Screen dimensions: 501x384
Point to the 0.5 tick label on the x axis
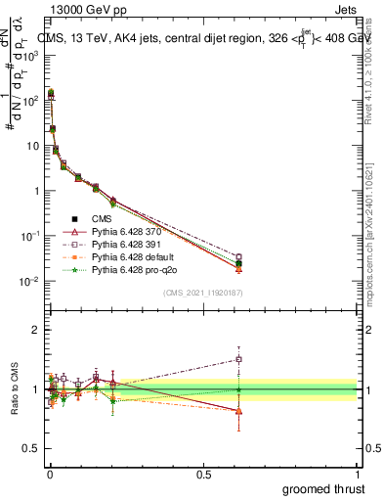(203, 474)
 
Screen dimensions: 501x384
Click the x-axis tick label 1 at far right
(358, 474)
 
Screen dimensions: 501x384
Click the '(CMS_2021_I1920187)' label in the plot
(202, 291)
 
